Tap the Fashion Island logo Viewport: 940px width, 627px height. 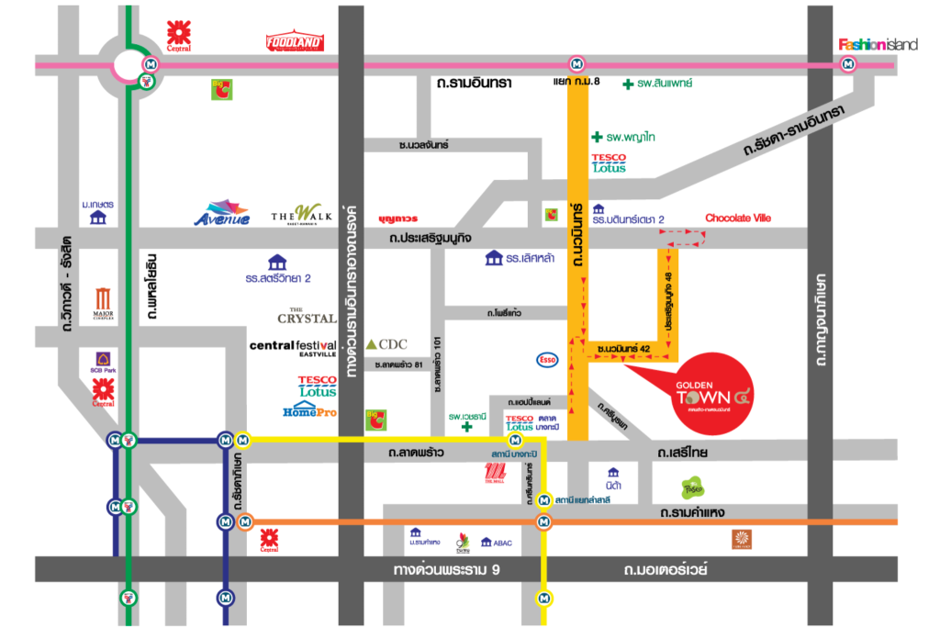pos(878,44)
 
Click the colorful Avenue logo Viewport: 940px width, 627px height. pos(221,213)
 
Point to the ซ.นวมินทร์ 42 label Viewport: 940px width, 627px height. pos(622,349)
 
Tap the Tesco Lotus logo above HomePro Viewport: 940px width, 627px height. pos(317,386)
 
